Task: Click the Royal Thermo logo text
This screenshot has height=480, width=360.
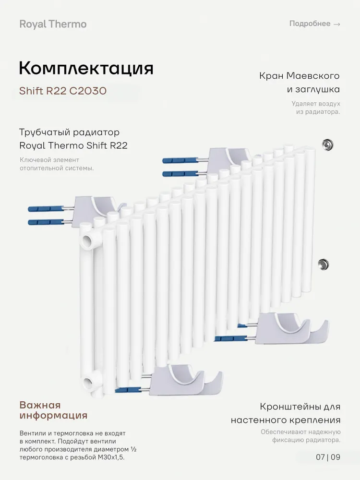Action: pos(53,24)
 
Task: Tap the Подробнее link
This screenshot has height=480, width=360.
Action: pos(310,24)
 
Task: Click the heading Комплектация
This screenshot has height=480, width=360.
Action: pos(86,68)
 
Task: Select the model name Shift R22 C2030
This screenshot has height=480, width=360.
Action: pos(62,91)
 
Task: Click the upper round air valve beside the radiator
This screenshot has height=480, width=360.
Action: pos(328,144)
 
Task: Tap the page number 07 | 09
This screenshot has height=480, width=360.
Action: pos(328,457)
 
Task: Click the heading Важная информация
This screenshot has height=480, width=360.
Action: pos(53,410)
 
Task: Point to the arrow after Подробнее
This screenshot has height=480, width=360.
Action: pos(336,24)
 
